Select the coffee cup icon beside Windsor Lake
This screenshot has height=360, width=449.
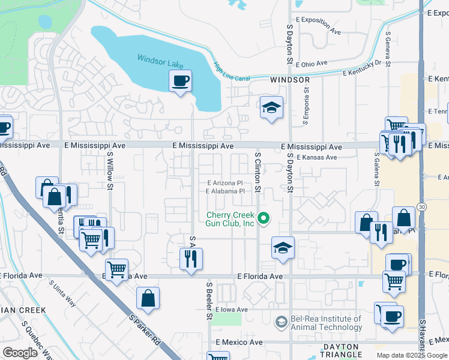point(180,81)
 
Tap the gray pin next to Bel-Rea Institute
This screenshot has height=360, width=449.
point(280,323)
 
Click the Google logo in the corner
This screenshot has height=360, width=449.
point(20,353)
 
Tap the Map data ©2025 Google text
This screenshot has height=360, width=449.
point(412,355)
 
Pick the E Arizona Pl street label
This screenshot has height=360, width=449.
point(225,183)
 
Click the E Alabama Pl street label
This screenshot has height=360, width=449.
point(225,191)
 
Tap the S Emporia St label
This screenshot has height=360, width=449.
point(306,107)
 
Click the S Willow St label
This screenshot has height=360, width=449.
point(110,170)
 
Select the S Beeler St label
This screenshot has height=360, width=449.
point(209,300)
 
